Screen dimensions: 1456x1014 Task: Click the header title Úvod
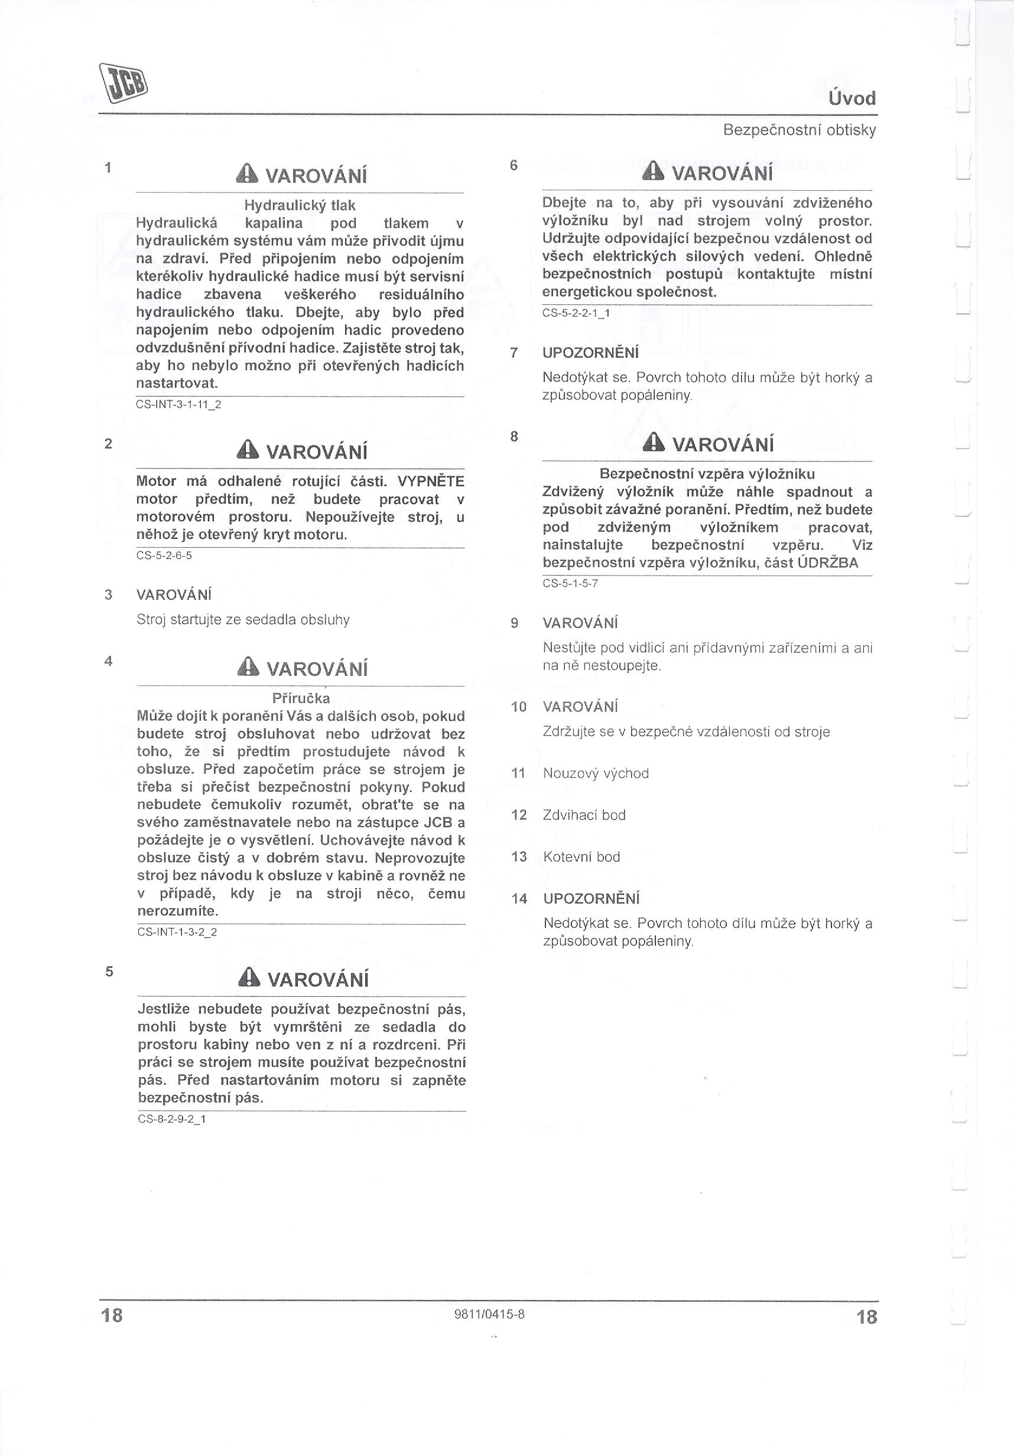point(851,98)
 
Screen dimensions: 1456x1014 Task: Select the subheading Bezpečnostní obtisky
point(799,131)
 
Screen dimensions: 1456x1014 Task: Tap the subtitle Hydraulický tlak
point(300,206)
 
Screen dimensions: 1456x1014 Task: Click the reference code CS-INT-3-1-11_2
point(178,404)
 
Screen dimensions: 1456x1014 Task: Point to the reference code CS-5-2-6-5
point(164,555)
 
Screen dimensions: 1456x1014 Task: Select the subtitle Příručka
point(301,698)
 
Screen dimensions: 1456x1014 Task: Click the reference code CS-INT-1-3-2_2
point(177,932)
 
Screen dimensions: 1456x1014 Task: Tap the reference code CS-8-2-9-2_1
point(172,1119)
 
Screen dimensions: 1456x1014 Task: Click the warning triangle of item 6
point(654,172)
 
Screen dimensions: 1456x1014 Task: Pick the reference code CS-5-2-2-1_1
point(576,313)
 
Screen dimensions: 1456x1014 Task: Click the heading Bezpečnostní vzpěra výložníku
point(707,474)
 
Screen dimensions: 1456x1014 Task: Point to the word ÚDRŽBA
point(827,563)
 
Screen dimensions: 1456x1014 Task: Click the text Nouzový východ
point(596,773)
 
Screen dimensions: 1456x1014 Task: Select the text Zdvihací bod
point(584,815)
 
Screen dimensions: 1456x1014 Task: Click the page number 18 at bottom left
point(112,1316)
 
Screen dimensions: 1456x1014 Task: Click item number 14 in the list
point(519,899)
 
